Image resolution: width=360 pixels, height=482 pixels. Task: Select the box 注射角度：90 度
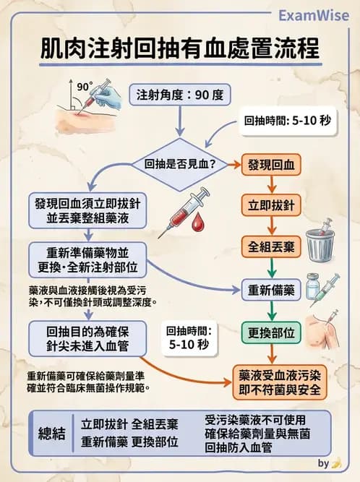(179, 94)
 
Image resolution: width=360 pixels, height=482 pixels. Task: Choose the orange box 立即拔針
(270, 205)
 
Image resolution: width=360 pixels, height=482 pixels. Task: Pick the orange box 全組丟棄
(270, 246)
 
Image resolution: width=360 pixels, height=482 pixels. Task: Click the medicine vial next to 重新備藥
(313, 288)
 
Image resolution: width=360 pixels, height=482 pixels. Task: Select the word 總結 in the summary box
(52, 432)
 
